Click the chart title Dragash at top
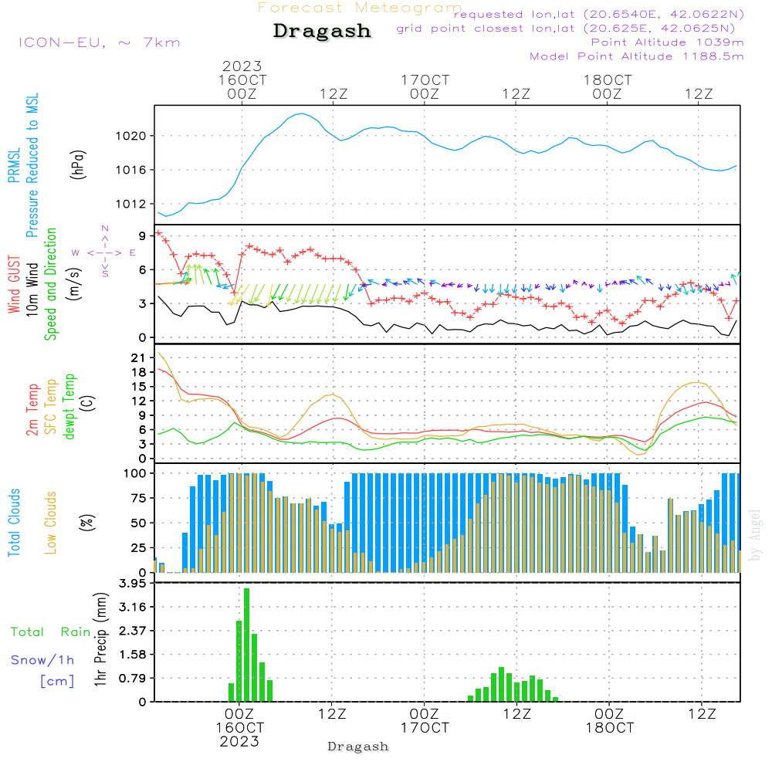(x=322, y=32)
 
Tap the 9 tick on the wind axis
(x=143, y=235)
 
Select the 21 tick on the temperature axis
(x=139, y=357)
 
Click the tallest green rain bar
(x=247, y=645)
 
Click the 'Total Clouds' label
(x=15, y=523)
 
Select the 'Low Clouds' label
(x=51, y=523)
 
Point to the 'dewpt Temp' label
(x=69, y=407)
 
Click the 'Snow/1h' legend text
(x=43, y=660)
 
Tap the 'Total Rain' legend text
(x=50, y=631)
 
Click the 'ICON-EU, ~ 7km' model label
(x=99, y=42)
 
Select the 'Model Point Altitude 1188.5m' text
(x=637, y=56)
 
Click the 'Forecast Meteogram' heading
(x=360, y=8)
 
